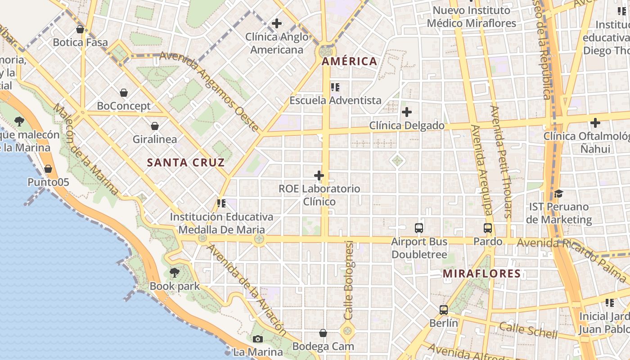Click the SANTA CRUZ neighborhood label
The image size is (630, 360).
(186, 162)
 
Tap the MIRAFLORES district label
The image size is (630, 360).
(481, 273)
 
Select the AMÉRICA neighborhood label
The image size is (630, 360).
(349, 61)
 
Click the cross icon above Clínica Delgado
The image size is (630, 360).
(407, 112)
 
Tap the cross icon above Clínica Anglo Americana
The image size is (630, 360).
(277, 23)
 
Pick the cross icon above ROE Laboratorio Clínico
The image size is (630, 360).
(319, 175)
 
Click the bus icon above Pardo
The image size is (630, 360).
(488, 228)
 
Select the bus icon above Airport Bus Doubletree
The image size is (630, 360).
(419, 228)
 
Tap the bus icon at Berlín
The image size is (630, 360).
(444, 310)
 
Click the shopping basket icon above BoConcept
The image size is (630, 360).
(124, 93)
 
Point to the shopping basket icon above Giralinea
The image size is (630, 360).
(155, 126)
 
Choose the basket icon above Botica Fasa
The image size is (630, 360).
(80, 30)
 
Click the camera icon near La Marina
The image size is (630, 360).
(258, 339)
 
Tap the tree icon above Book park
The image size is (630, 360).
(174, 273)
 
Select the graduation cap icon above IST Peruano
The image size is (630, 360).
(558, 194)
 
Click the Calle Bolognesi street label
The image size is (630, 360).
(349, 280)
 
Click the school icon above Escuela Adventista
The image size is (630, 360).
(335, 87)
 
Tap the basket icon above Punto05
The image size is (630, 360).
(48, 169)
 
